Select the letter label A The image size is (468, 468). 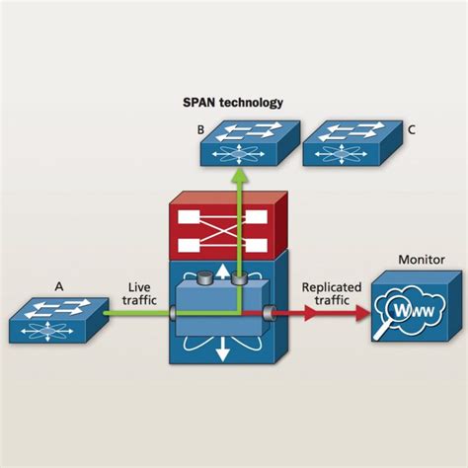coord(59,287)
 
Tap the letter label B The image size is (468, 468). coord(200,130)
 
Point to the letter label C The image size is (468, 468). coord(412,130)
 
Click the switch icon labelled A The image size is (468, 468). coord(58,320)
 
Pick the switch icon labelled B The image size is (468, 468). coord(250,143)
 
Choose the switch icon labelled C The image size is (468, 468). coord(352,143)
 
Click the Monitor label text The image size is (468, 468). coord(422,260)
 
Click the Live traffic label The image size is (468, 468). coord(139,293)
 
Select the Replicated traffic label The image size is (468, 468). coord(332,293)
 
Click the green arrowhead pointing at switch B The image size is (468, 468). coord(240,175)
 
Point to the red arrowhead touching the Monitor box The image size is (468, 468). coord(362,313)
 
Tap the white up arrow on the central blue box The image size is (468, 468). coord(223,271)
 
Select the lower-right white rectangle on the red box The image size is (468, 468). coord(257,245)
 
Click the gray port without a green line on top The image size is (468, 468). coord(204,278)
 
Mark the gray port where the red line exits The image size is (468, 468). coord(270,313)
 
